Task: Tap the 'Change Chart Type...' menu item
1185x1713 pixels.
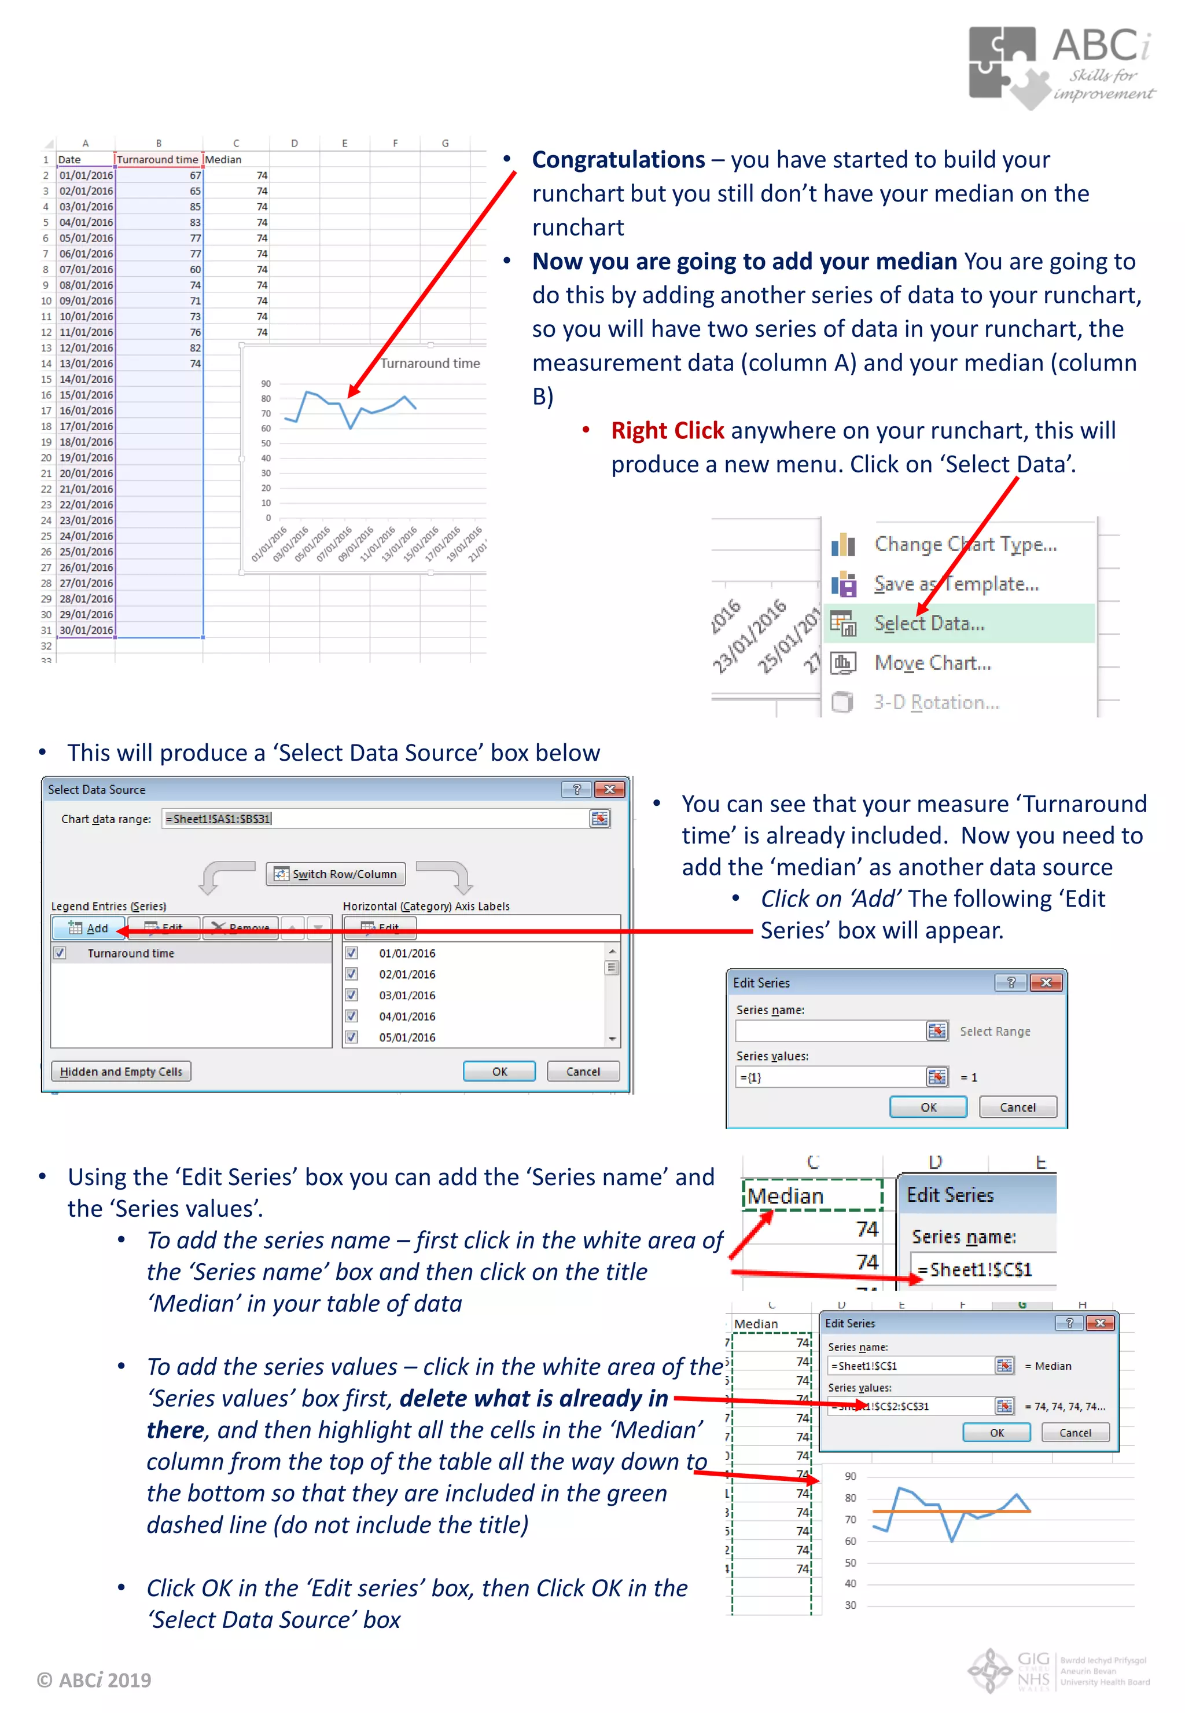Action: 965,545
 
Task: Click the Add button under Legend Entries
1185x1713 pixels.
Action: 89,928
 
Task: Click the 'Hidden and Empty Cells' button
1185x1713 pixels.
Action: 121,1071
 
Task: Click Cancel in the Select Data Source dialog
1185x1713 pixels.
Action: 583,1071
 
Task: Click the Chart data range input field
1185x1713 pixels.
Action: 375,819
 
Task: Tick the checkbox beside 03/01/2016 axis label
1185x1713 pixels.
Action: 352,995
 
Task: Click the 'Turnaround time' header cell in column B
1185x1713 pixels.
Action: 157,160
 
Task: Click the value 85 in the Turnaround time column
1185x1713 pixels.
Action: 194,207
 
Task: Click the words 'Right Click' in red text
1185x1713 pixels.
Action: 667,431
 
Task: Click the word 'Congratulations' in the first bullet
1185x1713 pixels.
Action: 618,160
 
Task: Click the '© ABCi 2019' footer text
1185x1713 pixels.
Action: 94,1679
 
